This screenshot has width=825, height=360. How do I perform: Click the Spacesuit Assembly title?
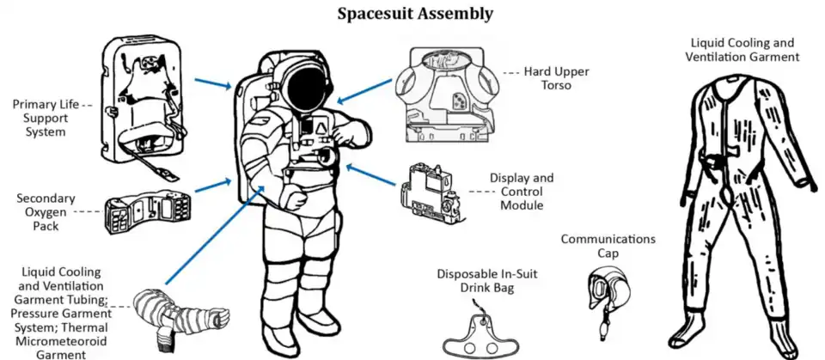click(x=414, y=14)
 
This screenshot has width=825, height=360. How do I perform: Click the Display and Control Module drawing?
click(x=433, y=193)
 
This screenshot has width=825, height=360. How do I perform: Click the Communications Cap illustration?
click(x=602, y=292)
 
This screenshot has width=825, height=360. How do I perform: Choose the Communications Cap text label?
click(x=608, y=247)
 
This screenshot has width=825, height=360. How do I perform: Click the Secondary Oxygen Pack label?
click(x=46, y=211)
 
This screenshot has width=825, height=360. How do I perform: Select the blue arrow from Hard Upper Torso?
click(x=360, y=90)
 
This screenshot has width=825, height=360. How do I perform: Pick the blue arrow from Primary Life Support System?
click(x=212, y=83)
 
